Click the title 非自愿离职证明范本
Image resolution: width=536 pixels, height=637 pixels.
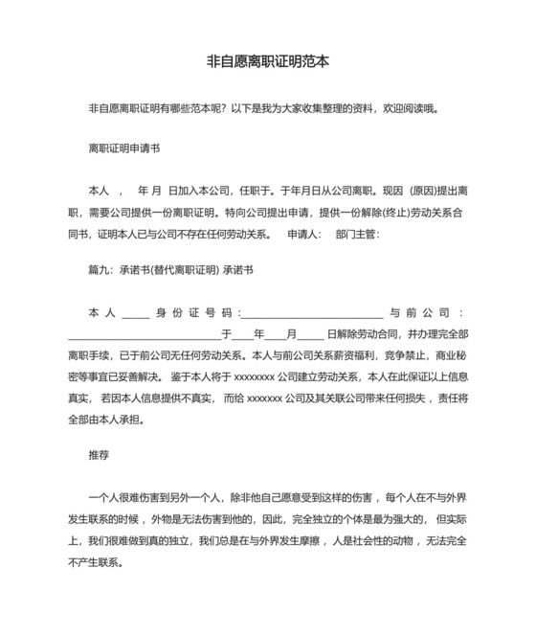pos(268,60)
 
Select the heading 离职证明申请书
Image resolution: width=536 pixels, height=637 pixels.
pos(123,148)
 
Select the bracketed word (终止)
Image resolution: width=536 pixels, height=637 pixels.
pos(378,212)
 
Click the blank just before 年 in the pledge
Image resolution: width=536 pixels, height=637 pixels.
pos(241,335)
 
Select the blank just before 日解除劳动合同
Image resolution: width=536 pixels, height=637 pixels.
pos(310,335)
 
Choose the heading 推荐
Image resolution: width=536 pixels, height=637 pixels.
pos(99,456)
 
